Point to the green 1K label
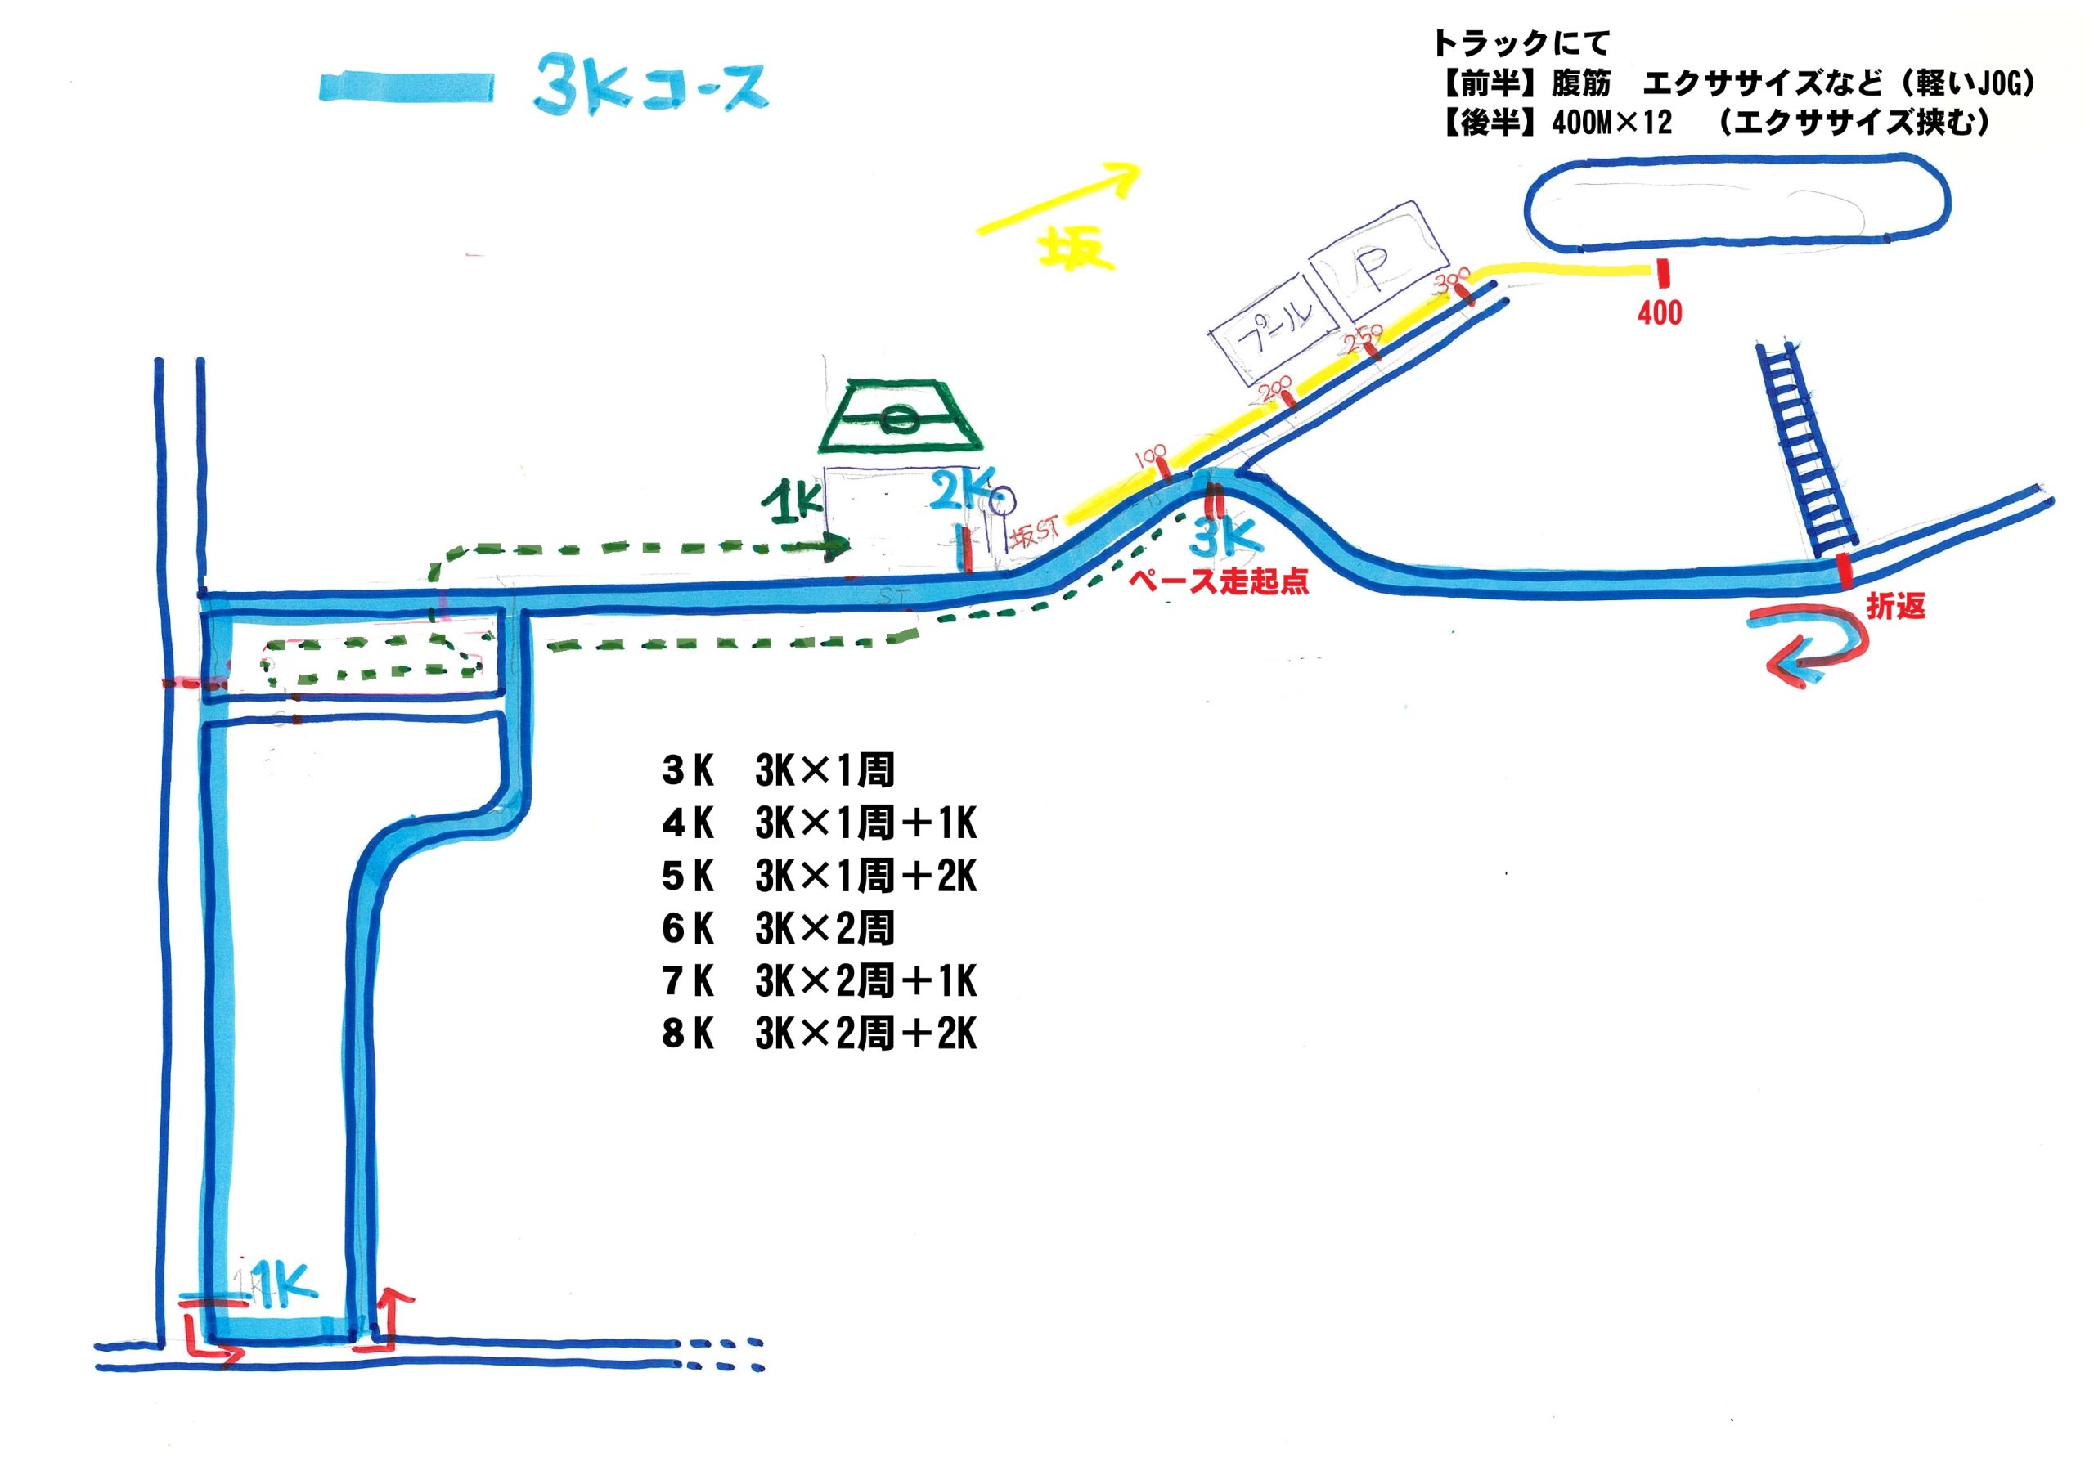[794, 505]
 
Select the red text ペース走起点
[1219, 582]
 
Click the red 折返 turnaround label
[1895, 607]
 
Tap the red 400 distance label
[1659, 313]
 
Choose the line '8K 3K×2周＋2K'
[819, 1035]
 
